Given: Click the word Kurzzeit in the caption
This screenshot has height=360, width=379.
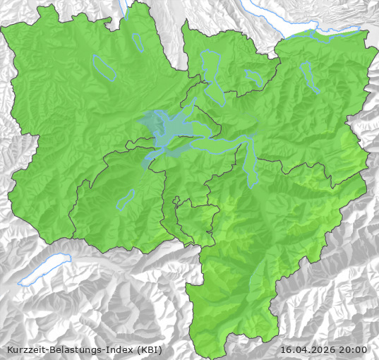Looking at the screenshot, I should (24, 349).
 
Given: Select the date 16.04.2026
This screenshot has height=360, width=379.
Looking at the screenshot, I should (308, 349).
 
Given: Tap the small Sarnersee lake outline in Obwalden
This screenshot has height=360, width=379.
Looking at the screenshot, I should (126, 200).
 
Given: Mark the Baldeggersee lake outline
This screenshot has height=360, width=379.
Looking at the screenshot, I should (138, 43).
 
